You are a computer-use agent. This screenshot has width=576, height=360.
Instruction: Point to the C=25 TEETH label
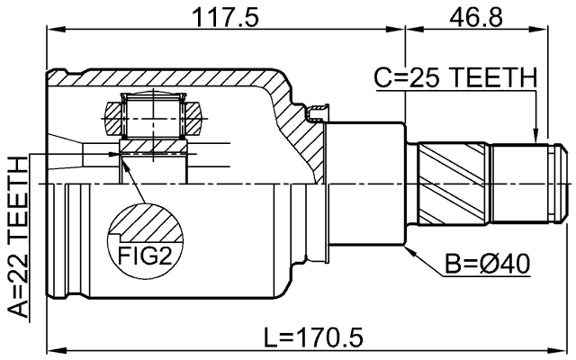pyautogui.click(x=454, y=79)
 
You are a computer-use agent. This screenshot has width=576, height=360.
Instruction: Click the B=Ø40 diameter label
pyautogui.click(x=487, y=264)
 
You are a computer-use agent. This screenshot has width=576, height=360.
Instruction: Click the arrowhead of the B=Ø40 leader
pyautogui.click(x=409, y=249)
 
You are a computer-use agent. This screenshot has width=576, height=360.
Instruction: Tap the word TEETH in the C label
pyautogui.click(x=494, y=79)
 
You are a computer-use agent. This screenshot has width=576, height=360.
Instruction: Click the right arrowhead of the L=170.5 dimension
pyautogui.click(x=566, y=350)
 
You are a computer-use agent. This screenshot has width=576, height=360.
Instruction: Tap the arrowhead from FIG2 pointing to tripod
pyautogui.click(x=123, y=161)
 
